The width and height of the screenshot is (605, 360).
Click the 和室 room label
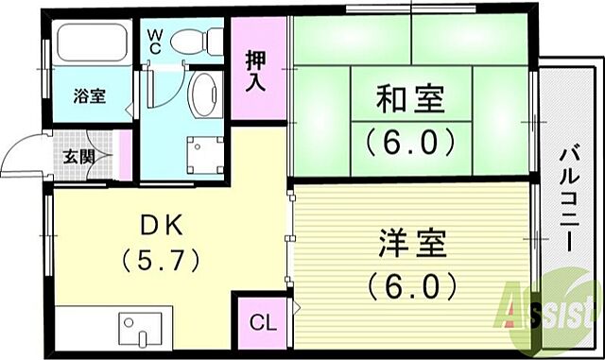pos(411,98)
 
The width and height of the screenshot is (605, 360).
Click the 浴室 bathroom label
pos(90,95)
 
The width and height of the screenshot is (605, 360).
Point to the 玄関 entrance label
pos(78,157)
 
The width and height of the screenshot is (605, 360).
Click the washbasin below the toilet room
pos(204,95)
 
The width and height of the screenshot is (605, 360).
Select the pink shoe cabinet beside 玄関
pos(122,156)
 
